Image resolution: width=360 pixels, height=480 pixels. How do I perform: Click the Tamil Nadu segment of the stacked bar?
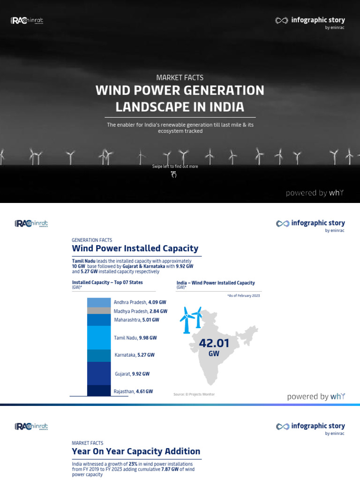tap(99, 337)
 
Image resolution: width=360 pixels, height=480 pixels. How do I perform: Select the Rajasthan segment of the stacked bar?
tap(99, 391)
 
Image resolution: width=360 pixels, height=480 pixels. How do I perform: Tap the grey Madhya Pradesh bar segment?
tap(99, 311)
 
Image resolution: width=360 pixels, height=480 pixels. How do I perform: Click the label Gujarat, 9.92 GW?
tap(132, 374)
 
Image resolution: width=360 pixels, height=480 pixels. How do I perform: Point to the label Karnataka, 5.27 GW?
tap(134, 355)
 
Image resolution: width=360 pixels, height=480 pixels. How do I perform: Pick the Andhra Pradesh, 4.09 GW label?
tap(140, 302)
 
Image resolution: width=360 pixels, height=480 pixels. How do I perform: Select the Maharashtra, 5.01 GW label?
tap(136, 320)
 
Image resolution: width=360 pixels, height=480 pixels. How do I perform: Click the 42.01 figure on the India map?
tap(214, 344)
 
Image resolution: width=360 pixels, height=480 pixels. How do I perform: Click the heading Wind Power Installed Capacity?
tap(135, 248)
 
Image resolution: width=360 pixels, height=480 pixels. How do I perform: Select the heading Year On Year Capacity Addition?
tap(136, 451)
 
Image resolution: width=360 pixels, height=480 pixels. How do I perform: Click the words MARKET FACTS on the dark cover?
tap(180, 78)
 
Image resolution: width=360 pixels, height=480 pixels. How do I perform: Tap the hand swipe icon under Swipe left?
tap(174, 175)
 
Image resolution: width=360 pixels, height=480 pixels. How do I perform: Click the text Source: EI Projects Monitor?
tap(194, 395)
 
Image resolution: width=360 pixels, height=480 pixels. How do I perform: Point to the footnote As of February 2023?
tap(243, 296)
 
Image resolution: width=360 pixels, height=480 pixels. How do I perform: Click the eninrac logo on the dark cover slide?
tap(27, 21)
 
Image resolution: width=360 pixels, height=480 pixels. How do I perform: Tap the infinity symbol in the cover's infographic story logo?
tap(281, 21)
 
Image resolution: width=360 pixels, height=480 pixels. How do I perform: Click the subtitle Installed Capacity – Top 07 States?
tap(107, 283)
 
